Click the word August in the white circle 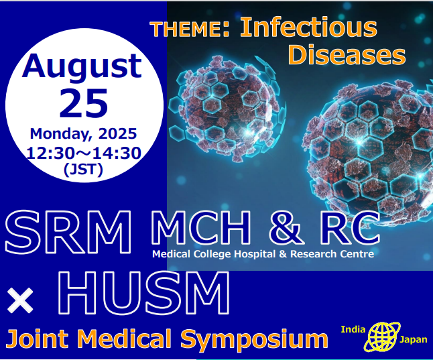point(82,67)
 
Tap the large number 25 point(83,103)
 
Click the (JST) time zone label point(83,169)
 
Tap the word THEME point(186,29)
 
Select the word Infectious point(308,27)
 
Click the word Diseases point(347,55)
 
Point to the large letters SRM point(68,232)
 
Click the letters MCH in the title point(201,227)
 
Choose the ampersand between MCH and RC point(284,227)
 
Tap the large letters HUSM point(143,292)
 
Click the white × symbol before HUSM point(20,300)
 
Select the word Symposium point(254,339)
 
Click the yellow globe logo point(382,337)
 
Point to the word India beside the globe point(353,330)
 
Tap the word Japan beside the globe point(414,340)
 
